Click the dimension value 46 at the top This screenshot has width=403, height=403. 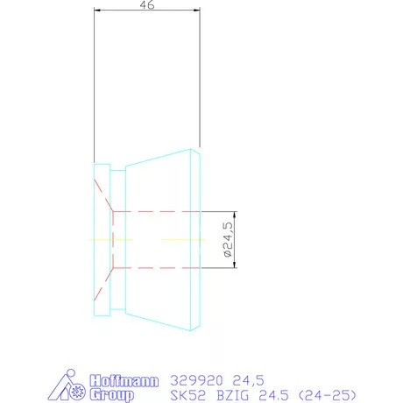[x=147, y=5]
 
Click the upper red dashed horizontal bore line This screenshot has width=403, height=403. [x=158, y=212]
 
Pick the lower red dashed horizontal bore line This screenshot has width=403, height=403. [x=158, y=267]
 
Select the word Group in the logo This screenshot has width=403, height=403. [x=112, y=395]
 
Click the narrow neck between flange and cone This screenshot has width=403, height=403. [x=118, y=239]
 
